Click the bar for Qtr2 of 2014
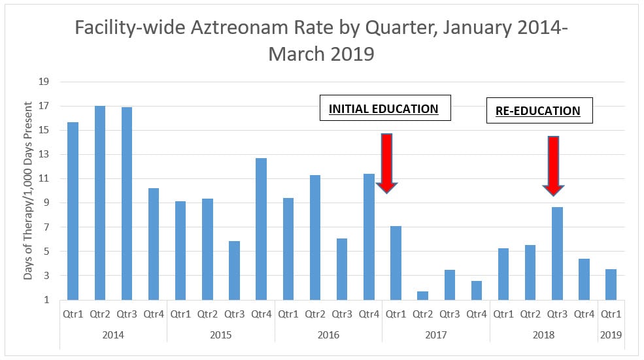[99, 203]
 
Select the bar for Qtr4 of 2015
[261, 229]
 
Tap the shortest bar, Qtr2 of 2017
[422, 295]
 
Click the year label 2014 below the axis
[113, 335]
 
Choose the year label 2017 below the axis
[435, 335]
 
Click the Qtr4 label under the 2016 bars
[368, 314]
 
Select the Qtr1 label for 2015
[180, 314]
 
